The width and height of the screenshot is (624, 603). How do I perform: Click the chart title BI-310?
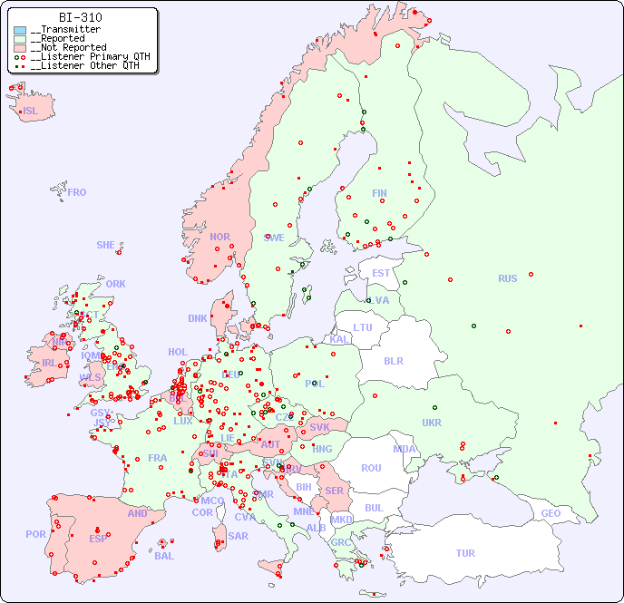80,17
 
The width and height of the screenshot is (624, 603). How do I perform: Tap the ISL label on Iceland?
31,112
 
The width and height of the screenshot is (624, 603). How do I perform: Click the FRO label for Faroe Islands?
77,192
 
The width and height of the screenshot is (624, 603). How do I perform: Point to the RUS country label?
507,278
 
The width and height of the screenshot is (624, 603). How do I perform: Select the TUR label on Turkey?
465,553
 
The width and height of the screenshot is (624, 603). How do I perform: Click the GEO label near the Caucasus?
551,513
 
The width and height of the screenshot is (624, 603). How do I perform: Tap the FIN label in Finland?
379,193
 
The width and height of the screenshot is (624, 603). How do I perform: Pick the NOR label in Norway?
219,237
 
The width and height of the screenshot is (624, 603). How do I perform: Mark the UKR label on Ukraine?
432,423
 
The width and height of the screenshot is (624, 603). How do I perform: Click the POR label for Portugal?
35,534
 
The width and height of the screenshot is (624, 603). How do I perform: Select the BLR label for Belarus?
393,360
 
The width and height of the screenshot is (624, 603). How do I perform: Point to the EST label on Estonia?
381,273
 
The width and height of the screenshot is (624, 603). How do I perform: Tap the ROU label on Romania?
371,468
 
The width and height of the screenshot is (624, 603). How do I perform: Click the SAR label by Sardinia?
238,536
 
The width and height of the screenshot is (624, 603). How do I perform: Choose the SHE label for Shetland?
106,245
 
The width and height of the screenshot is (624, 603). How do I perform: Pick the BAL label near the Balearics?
164,556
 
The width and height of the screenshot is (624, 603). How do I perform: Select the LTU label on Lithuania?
363,327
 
